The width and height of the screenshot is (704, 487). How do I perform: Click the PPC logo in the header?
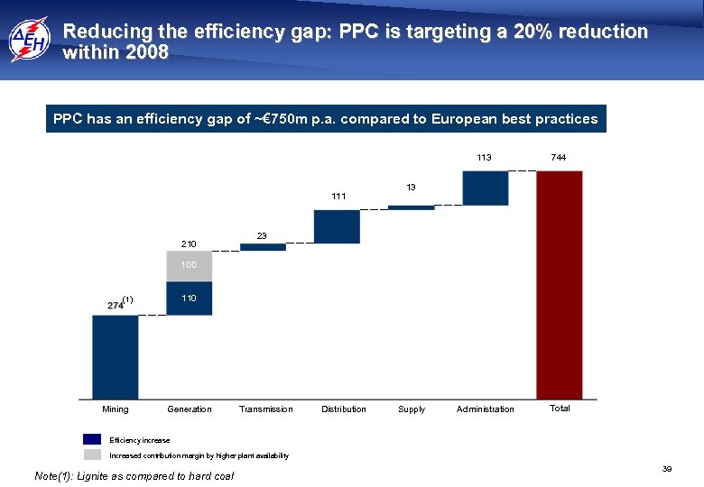(x=30, y=39)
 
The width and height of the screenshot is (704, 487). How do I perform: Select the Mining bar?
(x=116, y=356)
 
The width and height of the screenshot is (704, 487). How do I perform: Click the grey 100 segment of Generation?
(x=190, y=266)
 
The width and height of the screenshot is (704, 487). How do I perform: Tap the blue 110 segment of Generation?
(x=190, y=299)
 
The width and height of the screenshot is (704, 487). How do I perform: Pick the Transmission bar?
(x=263, y=247)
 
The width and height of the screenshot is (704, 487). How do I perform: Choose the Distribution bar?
(x=337, y=226)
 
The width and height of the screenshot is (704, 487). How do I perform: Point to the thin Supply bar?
(x=411, y=207)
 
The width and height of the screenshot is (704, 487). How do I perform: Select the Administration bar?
(x=486, y=188)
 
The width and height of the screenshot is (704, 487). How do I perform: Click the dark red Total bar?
(x=560, y=285)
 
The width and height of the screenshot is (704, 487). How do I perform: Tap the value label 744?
(x=559, y=158)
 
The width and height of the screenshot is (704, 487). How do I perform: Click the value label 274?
(x=116, y=306)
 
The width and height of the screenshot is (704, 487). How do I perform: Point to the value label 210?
(x=189, y=243)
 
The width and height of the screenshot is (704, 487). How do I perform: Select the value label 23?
(x=262, y=235)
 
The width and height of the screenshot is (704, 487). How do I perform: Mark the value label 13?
(x=411, y=188)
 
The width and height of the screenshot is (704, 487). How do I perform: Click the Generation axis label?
(x=190, y=409)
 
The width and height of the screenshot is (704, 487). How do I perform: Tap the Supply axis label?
(x=412, y=409)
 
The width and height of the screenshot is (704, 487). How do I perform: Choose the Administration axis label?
(x=486, y=409)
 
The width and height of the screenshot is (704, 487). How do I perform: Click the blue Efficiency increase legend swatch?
(x=92, y=439)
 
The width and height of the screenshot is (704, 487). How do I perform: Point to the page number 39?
(x=667, y=469)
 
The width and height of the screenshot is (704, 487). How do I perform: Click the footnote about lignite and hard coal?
(x=133, y=475)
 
